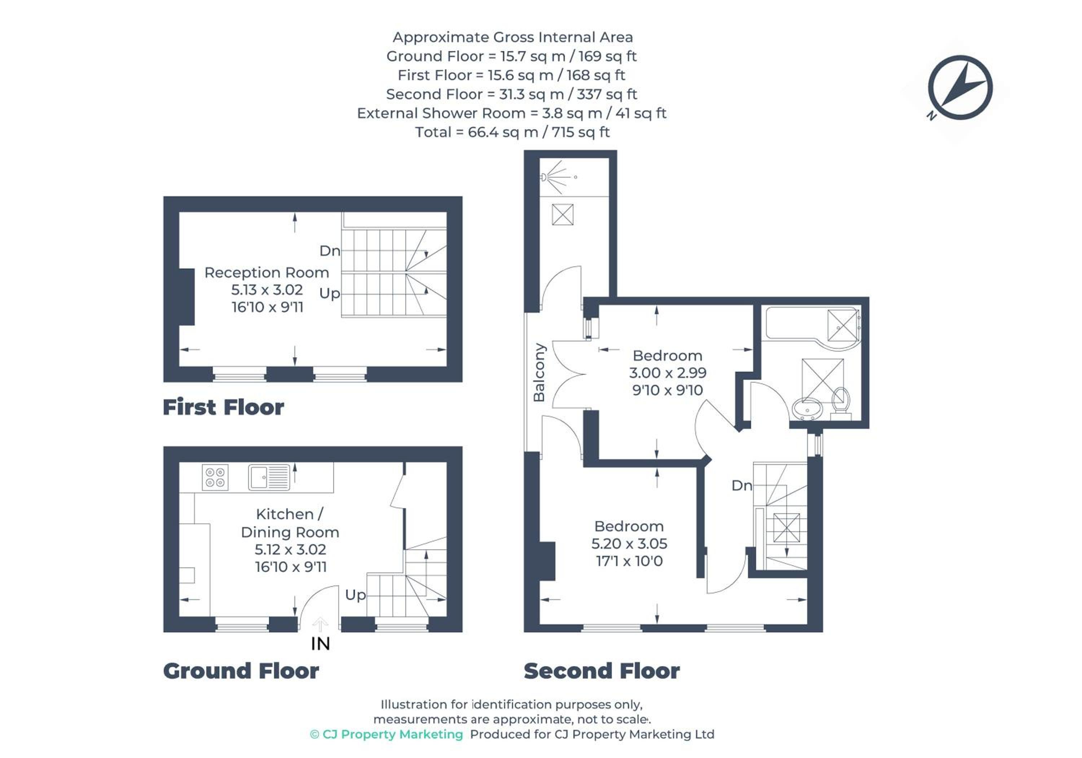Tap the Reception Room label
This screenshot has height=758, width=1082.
pos(267,273)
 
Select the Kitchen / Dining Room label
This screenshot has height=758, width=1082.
pos(290,523)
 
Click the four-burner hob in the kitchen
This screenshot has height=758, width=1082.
pos(215,477)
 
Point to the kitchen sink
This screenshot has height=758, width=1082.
pos(269,477)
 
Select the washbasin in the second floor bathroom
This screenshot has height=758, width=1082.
pos(807,409)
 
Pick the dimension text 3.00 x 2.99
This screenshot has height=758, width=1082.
pos(668,373)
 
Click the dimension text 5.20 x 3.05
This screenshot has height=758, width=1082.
pos(629,543)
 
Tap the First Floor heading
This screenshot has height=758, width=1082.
pos(223,407)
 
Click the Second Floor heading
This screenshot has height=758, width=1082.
pos(602,671)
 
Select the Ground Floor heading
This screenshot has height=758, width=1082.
pos(241,671)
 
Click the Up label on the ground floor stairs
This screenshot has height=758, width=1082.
pos(355,595)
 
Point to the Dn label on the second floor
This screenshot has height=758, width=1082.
pos(742,485)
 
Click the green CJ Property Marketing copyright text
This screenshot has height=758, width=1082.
pos(386,735)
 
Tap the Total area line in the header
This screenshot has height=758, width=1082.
pos(512,132)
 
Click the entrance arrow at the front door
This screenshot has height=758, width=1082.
pos(321,624)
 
